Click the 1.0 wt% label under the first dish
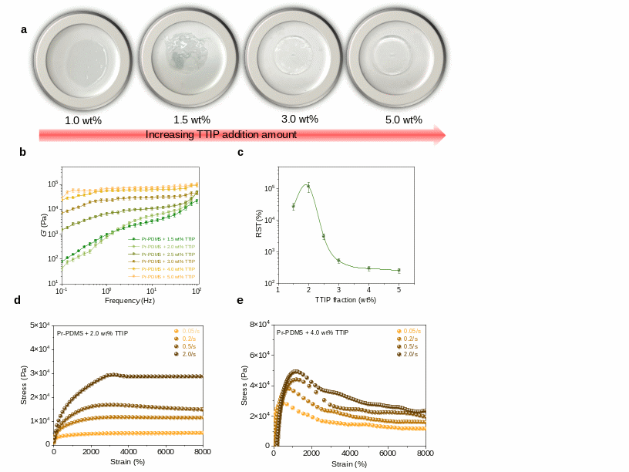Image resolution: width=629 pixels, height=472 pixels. pos(83,120)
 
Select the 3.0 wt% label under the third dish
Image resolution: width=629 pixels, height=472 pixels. pos(299,120)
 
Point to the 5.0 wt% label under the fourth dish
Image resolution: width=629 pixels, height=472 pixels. pos(403,120)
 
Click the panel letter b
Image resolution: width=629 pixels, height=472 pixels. pos(23,153)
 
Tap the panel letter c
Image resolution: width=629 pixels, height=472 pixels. pos(240,153)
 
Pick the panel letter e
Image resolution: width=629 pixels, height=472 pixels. pos(240,301)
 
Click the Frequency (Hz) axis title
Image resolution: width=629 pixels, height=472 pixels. pos(129,300)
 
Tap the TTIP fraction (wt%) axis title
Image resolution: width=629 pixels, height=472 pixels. pos(345,299)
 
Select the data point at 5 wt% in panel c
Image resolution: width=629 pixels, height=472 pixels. pos(399,271)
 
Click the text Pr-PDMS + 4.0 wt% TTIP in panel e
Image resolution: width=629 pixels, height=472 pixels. pos(312,332)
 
